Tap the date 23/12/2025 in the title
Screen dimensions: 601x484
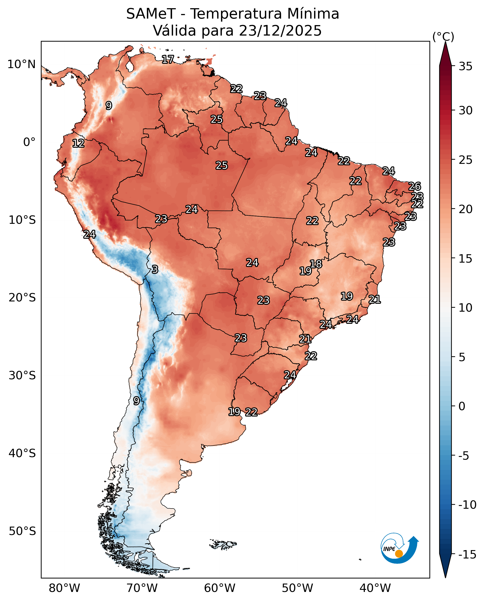coord(280,30)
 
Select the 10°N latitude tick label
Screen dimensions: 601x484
coord(21,64)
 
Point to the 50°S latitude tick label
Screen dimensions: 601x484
coord(22,531)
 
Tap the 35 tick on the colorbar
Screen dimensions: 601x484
coord(466,66)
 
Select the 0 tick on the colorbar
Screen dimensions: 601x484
coord(462,406)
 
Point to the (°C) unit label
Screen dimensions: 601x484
coord(443,37)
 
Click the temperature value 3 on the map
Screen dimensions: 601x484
coord(155,269)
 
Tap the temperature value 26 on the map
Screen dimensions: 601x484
coord(415,186)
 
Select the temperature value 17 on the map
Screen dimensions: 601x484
coord(168,59)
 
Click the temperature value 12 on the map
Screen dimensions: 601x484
coord(78,143)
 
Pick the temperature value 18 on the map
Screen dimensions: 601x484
coord(316,264)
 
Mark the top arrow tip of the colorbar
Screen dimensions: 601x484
coord(445,43)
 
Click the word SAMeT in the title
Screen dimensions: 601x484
coord(151,14)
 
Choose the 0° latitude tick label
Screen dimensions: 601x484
coord(29,142)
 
